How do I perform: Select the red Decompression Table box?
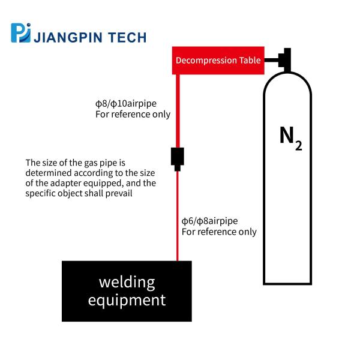coord(218,60)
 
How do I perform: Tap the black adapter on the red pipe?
coord(178,157)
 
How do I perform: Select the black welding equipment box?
coord(127,290)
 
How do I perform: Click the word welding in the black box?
coord(127,281)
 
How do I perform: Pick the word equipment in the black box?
coord(127,299)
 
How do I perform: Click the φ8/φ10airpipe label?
coord(125,104)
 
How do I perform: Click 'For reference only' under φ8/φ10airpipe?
coord(133,114)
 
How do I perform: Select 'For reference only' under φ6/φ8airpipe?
coord(219,232)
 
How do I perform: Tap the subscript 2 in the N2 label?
coord(298,146)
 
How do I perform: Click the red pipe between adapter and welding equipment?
coord(178,216)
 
